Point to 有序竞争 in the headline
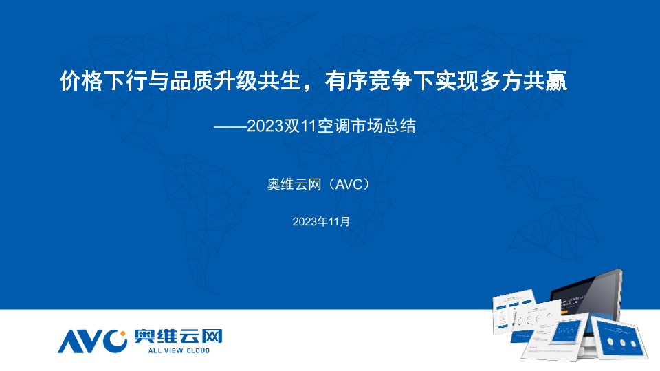tap(368, 80)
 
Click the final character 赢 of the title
tap(556, 80)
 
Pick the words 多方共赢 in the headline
tap(523, 80)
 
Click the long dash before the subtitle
tap(230, 126)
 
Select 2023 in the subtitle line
tap(265, 126)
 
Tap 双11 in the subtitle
tap(300, 126)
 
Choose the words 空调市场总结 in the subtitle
tap(366, 126)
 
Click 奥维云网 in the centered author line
tap(294, 184)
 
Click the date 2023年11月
tap(321, 222)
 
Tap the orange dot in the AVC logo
tap(123, 334)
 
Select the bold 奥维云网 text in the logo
tap(178, 336)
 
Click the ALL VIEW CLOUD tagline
tap(179, 350)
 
